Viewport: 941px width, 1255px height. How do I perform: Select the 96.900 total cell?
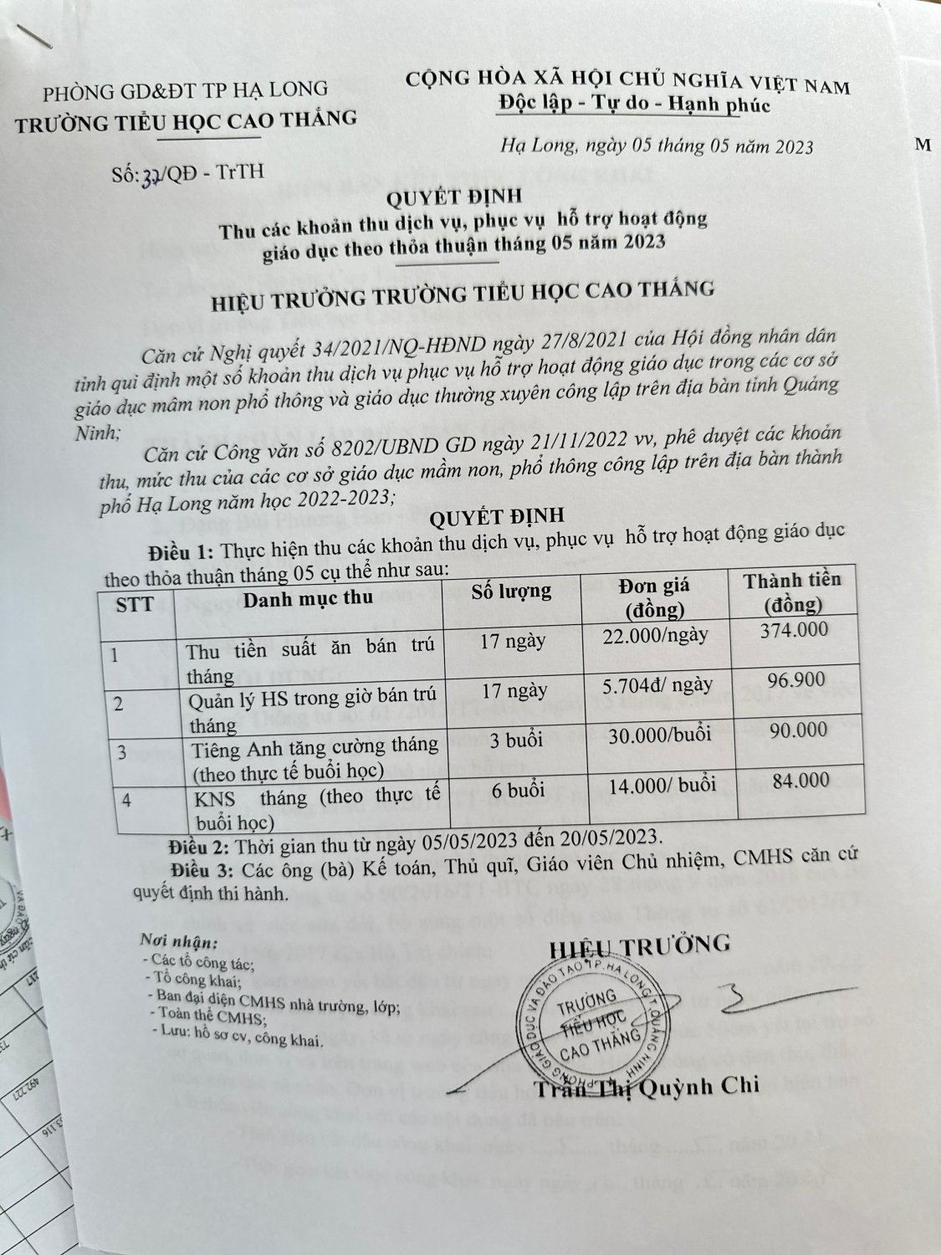point(795,680)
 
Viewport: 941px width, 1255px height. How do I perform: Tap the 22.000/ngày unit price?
point(655,635)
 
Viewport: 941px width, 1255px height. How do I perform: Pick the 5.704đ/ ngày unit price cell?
point(657,685)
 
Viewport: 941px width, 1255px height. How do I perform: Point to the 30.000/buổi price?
point(660,735)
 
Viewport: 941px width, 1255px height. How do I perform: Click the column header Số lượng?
point(511,592)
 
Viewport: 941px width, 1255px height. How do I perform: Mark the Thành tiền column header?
point(792,591)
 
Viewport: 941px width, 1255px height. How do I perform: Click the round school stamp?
point(596,1025)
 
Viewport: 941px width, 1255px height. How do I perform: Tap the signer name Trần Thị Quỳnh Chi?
point(647,1086)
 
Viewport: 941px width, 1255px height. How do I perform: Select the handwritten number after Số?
point(152,173)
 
